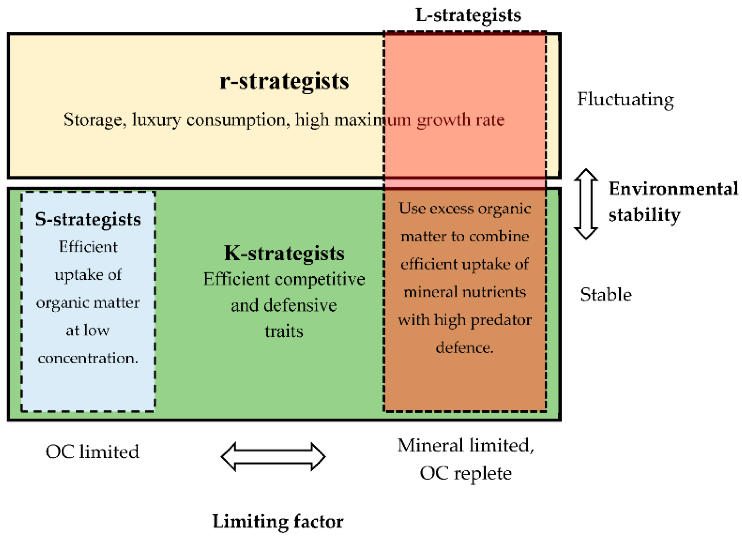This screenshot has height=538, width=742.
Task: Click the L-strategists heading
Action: click(468, 15)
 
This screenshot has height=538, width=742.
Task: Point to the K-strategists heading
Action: click(284, 253)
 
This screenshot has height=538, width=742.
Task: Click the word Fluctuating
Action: click(625, 99)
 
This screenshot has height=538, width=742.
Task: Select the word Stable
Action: click(606, 295)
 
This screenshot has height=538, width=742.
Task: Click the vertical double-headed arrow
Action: click(586, 204)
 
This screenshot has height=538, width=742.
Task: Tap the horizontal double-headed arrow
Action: click(273, 457)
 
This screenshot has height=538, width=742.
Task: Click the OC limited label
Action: click(92, 452)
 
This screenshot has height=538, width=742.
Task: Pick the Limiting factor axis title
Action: click(278, 521)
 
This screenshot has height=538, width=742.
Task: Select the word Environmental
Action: click(673, 189)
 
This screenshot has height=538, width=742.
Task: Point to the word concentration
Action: click(88, 358)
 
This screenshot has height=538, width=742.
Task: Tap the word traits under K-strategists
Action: click(284, 331)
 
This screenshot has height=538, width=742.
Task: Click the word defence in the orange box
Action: click(464, 347)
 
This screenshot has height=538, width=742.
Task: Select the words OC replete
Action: click(466, 473)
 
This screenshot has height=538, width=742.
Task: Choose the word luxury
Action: click(156, 120)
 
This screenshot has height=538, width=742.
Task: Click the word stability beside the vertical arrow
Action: click(644, 215)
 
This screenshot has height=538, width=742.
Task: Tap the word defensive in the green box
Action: click(300, 305)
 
